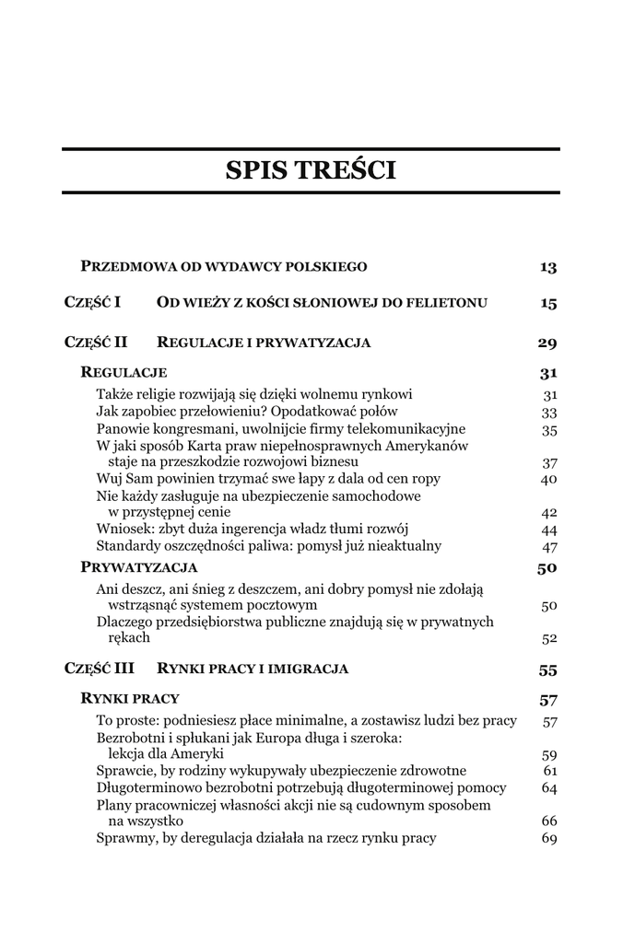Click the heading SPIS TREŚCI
pos(311,170)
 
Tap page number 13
pos(548,267)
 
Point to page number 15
pos(548,303)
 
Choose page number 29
pos(547,343)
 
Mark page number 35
pos(550,429)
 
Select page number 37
pos(550,462)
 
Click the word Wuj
pos(110,479)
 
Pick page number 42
pos(550,513)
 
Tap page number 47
pos(550,546)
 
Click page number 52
pos(550,638)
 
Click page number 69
pos(550,838)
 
